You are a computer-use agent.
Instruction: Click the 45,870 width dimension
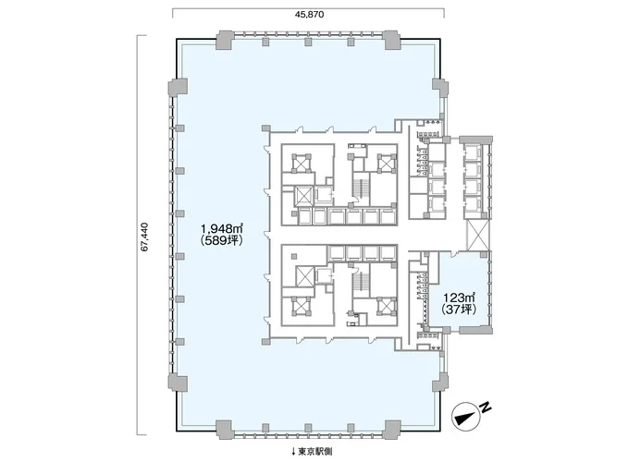coord(309,15)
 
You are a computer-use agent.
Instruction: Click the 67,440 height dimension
coord(145,237)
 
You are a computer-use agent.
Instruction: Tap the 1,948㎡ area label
coord(222,229)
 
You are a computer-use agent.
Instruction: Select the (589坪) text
coord(222,240)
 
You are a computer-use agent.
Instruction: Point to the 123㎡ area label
coord(459,298)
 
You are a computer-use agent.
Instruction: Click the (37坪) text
coord(459,310)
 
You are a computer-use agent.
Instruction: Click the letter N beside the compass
coord(487,407)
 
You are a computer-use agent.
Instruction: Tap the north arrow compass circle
coord(465,417)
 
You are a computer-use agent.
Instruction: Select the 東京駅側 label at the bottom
coord(314,452)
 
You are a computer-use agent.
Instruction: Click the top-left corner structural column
coord(224,40)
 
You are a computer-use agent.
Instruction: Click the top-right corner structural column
coord(391,40)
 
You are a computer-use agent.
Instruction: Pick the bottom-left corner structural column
coord(224,430)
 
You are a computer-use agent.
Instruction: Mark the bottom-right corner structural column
coord(391,430)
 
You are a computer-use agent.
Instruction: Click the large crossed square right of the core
coord(478,236)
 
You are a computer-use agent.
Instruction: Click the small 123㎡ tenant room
coord(461,292)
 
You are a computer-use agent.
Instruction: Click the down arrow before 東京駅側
coord(293,452)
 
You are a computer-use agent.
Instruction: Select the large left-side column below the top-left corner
coord(178,88)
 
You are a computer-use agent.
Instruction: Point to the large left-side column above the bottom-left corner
coord(178,383)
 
